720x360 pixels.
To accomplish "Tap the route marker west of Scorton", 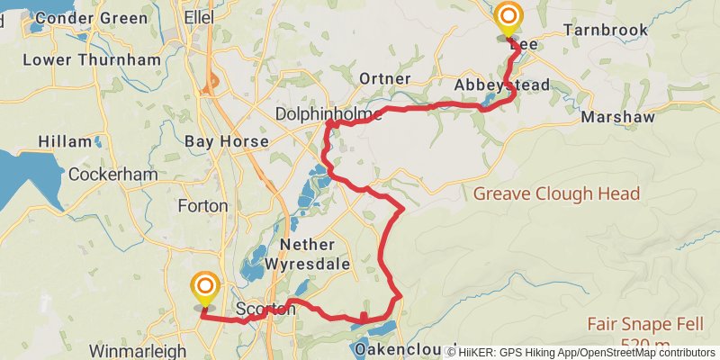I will [x=205, y=289].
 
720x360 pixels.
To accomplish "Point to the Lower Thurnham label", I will [x=91, y=60].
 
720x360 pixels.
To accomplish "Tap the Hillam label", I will [x=65, y=141].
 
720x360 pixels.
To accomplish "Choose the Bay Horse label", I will [x=226, y=141].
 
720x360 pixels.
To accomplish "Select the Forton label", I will [x=202, y=205].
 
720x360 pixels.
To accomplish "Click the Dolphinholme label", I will [x=329, y=115].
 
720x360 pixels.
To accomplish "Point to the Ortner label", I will [x=384, y=79].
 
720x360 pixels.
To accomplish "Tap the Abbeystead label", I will [x=501, y=85].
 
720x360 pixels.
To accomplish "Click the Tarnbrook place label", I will [x=605, y=30].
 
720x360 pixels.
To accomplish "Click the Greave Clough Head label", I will [x=556, y=193].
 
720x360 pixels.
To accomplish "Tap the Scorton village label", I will [x=265, y=309].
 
